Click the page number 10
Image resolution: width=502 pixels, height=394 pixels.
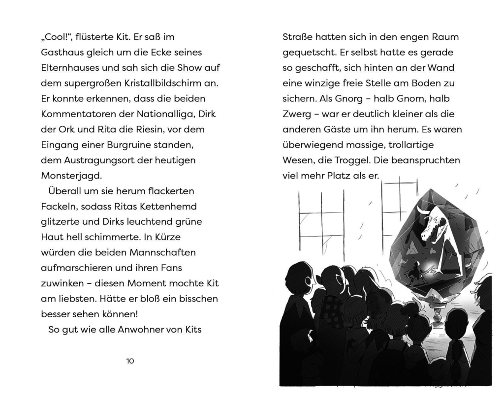coord(130,361)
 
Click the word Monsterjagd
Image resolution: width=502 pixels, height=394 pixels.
coord(71,176)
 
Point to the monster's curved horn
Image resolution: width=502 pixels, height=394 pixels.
coord(423,211)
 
